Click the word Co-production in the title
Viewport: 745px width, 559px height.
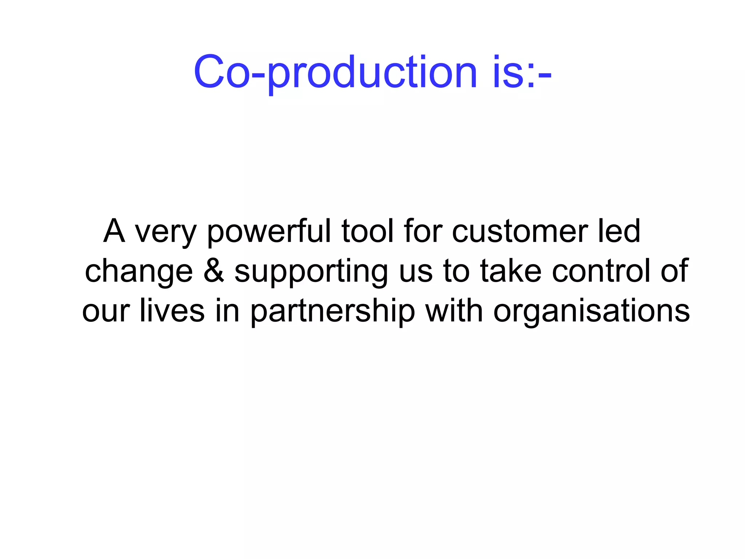335,72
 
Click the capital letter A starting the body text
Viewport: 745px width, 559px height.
114,231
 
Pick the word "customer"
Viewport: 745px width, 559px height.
520,232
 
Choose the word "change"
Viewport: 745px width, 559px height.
139,272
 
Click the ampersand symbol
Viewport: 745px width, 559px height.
214,271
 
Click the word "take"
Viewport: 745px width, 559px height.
511,271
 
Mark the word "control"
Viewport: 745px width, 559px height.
601,271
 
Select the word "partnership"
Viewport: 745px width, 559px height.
332,312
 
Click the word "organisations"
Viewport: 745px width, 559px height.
591,312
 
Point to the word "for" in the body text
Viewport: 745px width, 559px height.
423,231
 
